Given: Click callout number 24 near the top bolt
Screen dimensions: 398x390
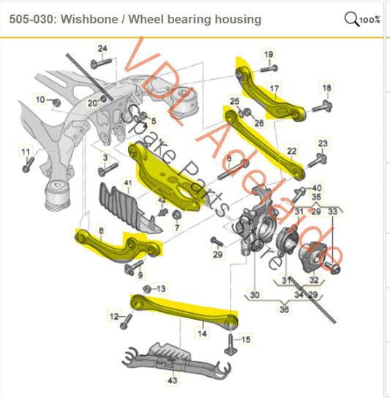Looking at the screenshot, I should [102, 49].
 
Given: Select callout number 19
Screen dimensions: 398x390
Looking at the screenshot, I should [269, 54].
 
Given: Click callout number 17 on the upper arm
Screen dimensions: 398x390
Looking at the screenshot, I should [274, 91].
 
